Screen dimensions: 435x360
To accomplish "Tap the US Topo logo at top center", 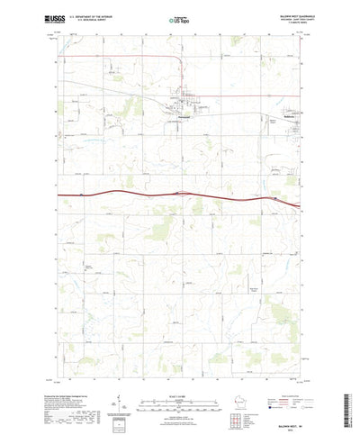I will coord(180,17).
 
